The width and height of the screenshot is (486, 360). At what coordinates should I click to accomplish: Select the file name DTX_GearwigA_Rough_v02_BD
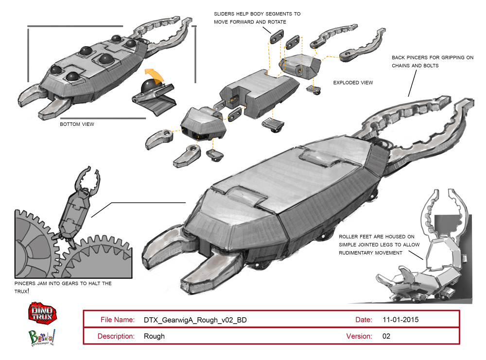pyautogui.click(x=198, y=320)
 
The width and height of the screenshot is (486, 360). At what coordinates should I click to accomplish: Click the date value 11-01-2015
pyautogui.click(x=400, y=320)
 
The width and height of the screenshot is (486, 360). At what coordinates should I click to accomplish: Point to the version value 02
pyautogui.click(x=386, y=336)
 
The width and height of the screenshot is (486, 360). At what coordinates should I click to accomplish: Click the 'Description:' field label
pyautogui.click(x=116, y=336)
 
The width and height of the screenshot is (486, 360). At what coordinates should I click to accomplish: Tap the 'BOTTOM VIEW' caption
pyautogui.click(x=77, y=124)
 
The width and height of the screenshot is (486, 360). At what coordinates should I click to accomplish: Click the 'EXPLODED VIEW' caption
pyautogui.click(x=353, y=83)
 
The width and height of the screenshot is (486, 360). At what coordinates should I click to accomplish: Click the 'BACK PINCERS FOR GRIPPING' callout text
pyautogui.click(x=433, y=57)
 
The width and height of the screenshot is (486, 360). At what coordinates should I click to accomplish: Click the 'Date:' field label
pyautogui.click(x=364, y=320)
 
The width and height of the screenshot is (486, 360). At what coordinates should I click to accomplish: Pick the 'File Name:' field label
pyautogui.click(x=117, y=320)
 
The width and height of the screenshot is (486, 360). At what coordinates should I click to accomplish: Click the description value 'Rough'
pyautogui.click(x=154, y=336)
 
